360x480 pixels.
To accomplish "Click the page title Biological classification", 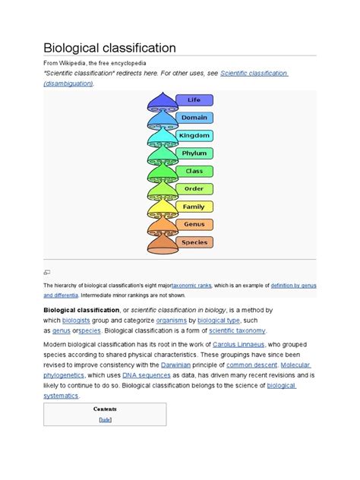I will click(x=110, y=47).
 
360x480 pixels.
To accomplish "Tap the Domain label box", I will click(x=195, y=118).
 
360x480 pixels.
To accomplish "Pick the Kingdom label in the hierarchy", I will click(x=195, y=135).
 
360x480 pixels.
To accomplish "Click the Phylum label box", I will click(x=195, y=153).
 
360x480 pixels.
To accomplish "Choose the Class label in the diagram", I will click(x=195, y=171).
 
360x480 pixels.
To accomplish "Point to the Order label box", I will click(x=195, y=188).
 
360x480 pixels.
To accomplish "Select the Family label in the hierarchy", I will click(x=195, y=207).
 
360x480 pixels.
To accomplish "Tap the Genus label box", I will click(x=195, y=224).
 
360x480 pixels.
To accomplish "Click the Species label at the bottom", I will click(x=195, y=242).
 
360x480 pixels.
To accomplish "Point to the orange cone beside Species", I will click(x=161, y=244).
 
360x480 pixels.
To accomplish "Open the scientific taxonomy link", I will click(x=238, y=330).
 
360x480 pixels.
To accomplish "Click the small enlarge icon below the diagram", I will click(x=47, y=271).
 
